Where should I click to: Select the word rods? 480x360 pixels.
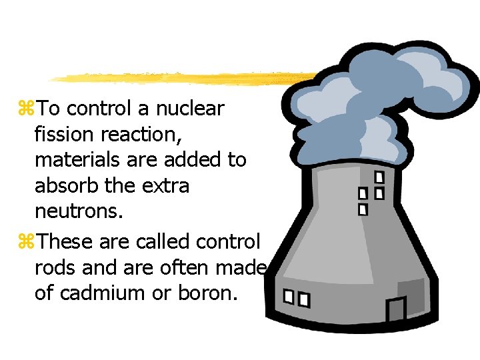(53, 266)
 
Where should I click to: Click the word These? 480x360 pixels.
(67, 240)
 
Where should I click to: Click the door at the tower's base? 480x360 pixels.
(396, 309)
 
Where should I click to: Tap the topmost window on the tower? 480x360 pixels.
(379, 177)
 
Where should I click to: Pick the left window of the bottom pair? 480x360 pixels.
(289, 297)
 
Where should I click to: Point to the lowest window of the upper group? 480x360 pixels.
(363, 209)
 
